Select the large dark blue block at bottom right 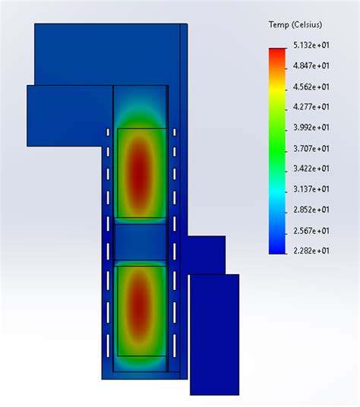(214, 334)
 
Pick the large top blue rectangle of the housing (106, 53)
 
